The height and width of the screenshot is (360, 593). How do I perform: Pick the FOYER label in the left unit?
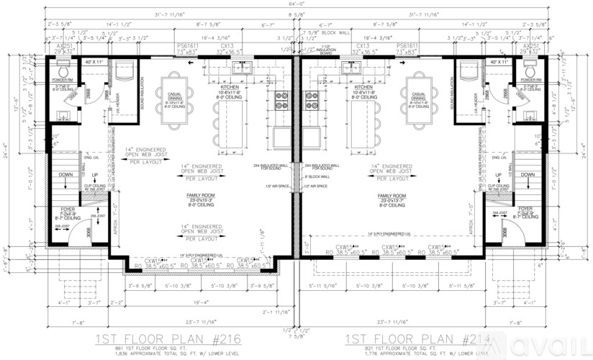tap(67, 210)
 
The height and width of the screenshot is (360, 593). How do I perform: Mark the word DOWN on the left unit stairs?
tap(63, 175)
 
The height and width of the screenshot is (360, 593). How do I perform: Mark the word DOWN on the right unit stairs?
tap(528, 175)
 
